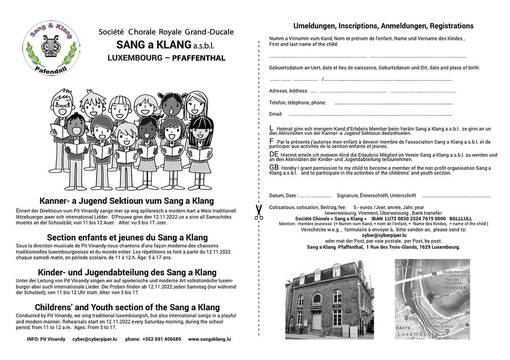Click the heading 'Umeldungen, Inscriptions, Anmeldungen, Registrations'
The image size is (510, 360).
pos(383,26)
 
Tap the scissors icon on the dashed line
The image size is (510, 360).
pos(258,212)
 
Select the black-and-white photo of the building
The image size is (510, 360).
pos(329,299)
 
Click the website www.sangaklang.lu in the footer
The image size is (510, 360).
pos(209,339)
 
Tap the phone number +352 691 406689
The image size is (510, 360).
pos(162,339)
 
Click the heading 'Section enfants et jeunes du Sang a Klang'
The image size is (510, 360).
pos(127,238)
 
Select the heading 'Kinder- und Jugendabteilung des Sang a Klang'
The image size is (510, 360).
pos(127,272)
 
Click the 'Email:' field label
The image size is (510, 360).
pos(276,114)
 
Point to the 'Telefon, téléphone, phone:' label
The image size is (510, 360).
pos(297,103)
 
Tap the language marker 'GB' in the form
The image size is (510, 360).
pos(274,168)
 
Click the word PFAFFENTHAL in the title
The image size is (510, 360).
pos(199,58)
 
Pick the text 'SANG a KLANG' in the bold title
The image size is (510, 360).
pos(154,44)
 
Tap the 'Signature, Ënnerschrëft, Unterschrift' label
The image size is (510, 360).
pos(371,196)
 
